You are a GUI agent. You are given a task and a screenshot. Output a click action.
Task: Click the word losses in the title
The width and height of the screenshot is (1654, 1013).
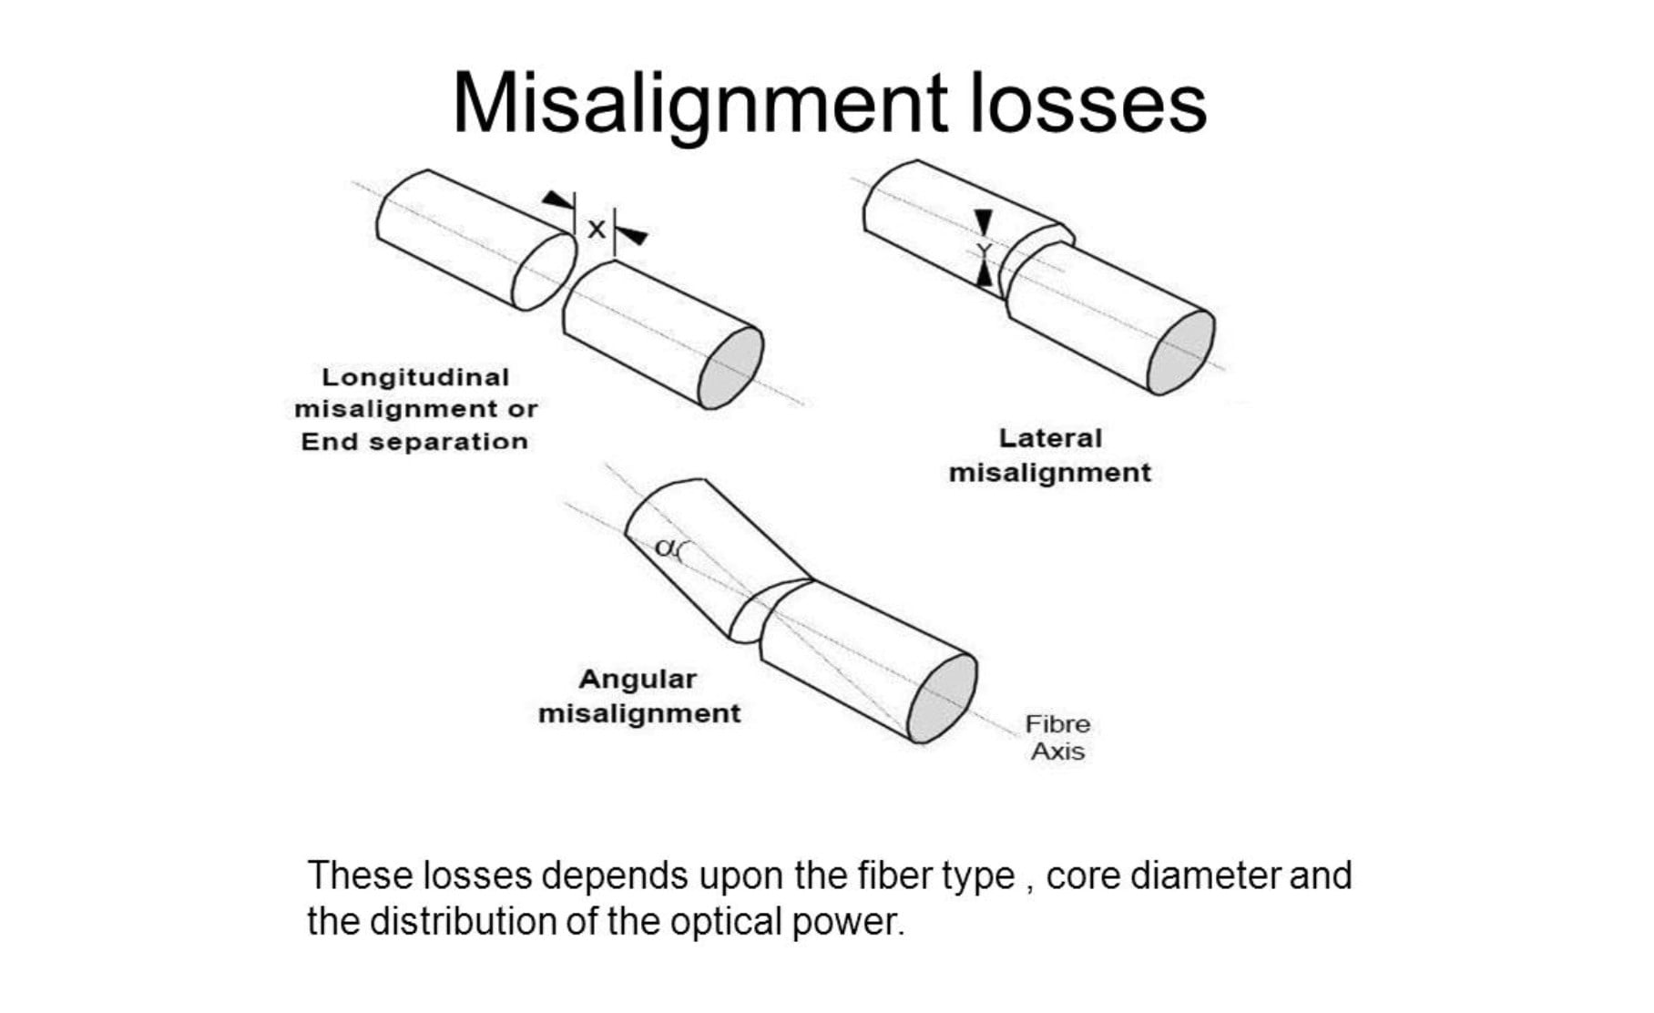1088,102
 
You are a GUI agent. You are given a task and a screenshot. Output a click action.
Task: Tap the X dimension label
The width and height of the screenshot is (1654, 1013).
596,229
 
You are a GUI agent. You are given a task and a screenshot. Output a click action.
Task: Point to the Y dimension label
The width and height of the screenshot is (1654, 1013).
984,251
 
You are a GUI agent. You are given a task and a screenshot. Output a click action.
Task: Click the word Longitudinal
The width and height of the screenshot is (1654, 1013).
415,377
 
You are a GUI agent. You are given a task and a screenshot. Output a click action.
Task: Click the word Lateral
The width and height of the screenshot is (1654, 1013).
1050,438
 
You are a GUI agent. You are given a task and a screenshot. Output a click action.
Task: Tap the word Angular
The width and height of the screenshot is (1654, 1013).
638,680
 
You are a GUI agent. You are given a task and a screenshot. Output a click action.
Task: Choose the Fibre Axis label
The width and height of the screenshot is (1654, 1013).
1057,738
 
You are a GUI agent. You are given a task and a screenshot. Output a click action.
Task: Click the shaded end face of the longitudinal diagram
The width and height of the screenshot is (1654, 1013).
730,368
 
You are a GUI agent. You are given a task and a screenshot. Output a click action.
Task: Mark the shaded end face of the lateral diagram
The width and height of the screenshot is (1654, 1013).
1181,353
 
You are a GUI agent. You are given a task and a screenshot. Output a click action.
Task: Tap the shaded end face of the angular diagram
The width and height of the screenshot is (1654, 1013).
943,698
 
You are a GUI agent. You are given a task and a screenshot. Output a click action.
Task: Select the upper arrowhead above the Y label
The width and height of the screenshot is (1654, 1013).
983,222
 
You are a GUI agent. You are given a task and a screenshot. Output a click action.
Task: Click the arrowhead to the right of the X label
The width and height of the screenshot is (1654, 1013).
632,236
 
